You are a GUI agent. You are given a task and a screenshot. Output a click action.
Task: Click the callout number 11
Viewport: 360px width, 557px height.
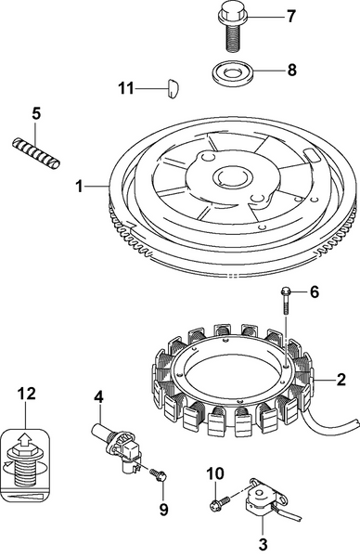click(125, 87)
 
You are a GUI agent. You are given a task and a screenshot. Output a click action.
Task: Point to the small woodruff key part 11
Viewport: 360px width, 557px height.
click(167, 89)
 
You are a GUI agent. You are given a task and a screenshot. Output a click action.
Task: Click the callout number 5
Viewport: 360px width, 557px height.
click(36, 113)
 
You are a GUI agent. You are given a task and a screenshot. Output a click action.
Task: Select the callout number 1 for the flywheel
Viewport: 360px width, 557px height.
click(80, 186)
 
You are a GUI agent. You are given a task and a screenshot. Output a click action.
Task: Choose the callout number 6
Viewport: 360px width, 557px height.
click(314, 292)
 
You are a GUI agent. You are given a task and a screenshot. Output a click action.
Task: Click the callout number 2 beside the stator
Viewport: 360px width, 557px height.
click(341, 379)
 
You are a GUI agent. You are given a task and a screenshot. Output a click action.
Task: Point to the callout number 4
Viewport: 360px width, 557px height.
click(97, 398)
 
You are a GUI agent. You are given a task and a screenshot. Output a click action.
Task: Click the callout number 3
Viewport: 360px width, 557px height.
click(263, 543)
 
